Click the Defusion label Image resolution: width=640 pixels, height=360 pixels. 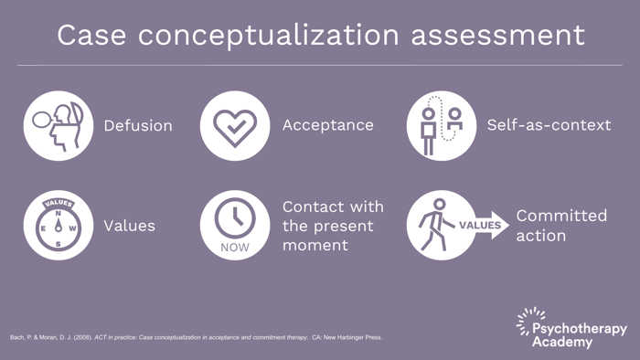(x=138, y=125)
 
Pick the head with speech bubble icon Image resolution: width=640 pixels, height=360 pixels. (x=58, y=125)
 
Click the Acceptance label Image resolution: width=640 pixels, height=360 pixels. (x=327, y=124)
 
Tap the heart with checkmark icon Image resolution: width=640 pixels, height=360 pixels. (x=235, y=125)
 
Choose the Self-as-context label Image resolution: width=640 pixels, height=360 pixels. (x=549, y=124)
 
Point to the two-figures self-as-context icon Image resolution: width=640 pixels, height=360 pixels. (x=441, y=125)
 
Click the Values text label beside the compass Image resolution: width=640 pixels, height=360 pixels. (x=129, y=225)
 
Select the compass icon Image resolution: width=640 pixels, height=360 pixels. (x=58, y=225)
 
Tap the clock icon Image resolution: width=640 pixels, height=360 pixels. (x=235, y=218)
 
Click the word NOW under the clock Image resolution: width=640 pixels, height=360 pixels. (x=235, y=247)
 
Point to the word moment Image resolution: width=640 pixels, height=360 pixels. (x=315, y=245)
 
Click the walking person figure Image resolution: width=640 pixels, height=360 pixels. (x=433, y=224)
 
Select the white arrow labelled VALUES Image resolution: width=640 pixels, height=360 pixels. (x=483, y=225)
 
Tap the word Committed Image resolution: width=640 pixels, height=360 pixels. (x=561, y=216)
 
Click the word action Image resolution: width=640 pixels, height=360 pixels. (x=540, y=235)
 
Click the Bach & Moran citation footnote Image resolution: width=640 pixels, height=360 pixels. (x=197, y=337)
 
